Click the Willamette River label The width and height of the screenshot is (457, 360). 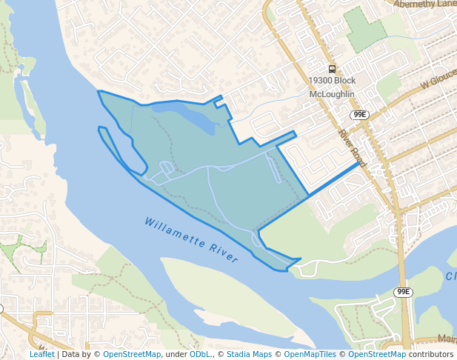click(191, 240)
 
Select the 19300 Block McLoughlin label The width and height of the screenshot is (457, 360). click(333, 87)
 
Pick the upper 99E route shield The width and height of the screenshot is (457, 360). click(359, 115)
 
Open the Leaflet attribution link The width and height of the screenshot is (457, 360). click(41, 354)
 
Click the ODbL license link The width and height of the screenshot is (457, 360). click(200, 354)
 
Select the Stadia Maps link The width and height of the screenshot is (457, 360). click(249, 354)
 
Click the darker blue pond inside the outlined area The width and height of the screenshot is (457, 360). click(185, 115)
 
